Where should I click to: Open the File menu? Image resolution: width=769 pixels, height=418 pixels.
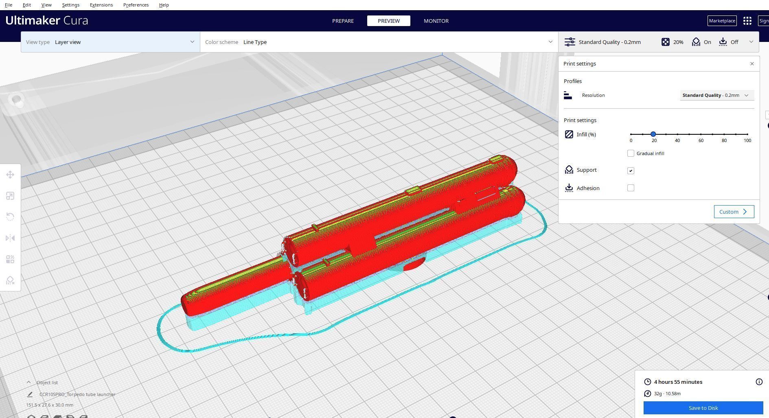coord(8,5)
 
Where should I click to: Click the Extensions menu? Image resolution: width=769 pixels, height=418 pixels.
coord(101,5)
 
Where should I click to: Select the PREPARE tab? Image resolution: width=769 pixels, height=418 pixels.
coord(343,21)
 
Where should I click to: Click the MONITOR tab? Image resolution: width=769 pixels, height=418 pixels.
coord(436,21)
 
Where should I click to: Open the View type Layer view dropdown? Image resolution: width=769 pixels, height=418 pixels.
coord(110,42)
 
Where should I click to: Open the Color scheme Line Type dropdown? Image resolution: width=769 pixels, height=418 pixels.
coord(379,42)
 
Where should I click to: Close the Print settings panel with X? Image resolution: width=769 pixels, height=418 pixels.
coord(752,64)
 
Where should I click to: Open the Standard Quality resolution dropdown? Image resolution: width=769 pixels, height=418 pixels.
coord(716,95)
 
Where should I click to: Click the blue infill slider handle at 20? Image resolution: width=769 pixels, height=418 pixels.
coord(653,134)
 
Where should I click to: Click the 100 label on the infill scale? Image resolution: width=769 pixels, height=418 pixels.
coord(747,140)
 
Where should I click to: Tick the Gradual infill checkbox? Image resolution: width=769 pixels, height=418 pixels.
coord(631,153)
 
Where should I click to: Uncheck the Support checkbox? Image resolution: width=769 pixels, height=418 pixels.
coord(631,171)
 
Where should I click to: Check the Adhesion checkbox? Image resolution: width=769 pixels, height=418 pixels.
coord(631,188)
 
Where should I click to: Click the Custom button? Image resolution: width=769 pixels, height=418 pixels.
coord(734,212)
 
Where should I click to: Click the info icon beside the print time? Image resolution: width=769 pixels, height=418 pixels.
coord(759,382)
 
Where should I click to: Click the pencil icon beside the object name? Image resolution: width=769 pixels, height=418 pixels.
coord(30,394)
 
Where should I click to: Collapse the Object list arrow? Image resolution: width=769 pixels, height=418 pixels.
coord(28,383)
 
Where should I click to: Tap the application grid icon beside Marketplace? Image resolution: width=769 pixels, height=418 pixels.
coord(747,21)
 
